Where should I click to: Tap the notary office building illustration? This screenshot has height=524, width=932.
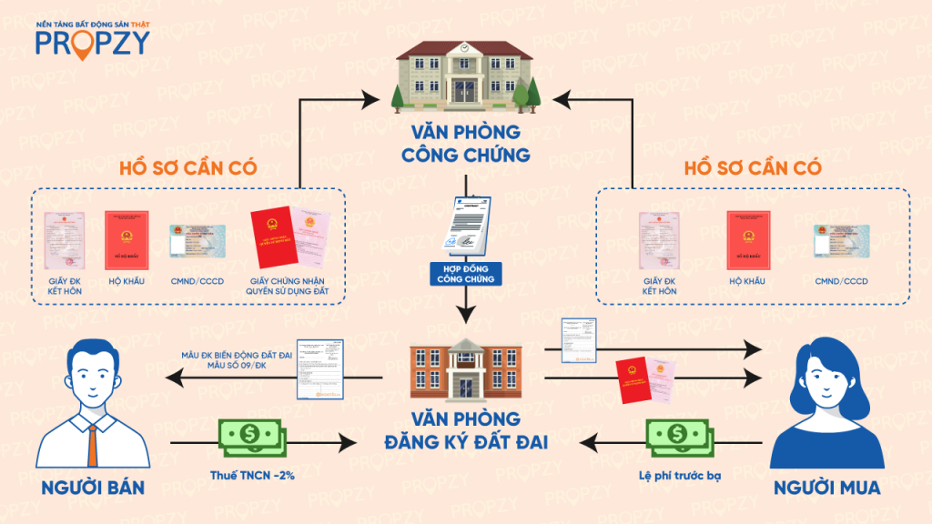pyautogui.click(x=465, y=77)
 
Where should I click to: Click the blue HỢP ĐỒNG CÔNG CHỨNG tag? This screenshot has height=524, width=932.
pyautogui.click(x=465, y=273)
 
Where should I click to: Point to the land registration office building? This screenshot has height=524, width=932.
pyautogui.click(x=465, y=370)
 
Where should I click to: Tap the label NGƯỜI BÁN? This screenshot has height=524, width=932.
pyautogui.click(x=92, y=488)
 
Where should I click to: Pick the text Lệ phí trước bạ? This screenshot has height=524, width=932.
pyautogui.click(x=677, y=475)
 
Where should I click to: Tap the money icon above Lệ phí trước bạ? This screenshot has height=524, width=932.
pyautogui.click(x=677, y=437)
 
